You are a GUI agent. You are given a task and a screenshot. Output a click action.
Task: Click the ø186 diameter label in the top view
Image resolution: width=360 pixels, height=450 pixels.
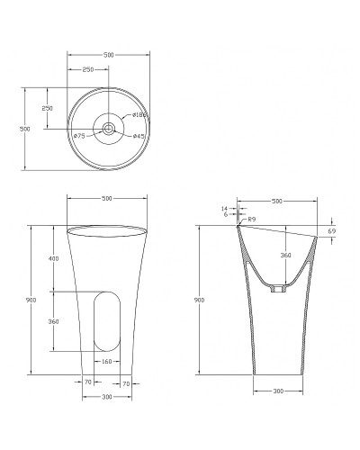pyautogui.click(x=139, y=115)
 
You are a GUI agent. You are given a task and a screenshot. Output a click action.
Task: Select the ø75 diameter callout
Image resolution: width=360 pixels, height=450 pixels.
pyautogui.click(x=79, y=136)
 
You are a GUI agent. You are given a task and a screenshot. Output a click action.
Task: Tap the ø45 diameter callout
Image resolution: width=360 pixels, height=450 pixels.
pyautogui.click(x=139, y=136)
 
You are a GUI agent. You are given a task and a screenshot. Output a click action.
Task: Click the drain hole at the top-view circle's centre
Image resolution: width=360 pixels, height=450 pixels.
pyautogui.click(x=108, y=129)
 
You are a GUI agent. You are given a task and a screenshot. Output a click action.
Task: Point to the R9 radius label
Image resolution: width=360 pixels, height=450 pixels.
pyautogui.click(x=251, y=220)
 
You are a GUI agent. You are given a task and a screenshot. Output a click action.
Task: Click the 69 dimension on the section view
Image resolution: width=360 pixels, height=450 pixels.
pyautogui.click(x=331, y=231)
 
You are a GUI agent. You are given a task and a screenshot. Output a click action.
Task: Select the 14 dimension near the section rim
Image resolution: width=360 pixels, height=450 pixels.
pyautogui.click(x=224, y=209)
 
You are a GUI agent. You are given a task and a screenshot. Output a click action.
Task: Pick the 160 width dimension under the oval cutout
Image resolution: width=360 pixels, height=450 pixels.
pyautogui.click(x=107, y=362)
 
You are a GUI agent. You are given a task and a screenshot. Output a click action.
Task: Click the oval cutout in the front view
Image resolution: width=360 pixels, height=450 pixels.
pyautogui.click(x=107, y=321)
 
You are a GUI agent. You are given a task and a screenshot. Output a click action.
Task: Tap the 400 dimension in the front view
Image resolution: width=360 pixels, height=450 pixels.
pyautogui.click(x=53, y=258)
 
